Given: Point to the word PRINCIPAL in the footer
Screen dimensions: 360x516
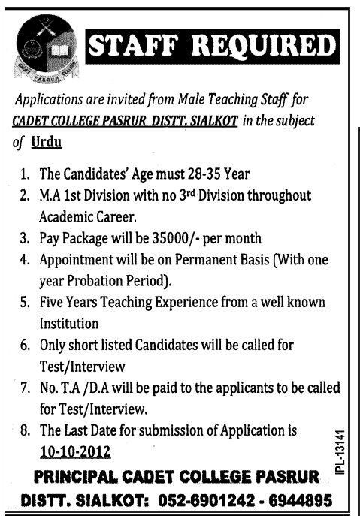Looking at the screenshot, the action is [x=79, y=477].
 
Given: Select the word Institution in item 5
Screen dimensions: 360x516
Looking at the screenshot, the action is [x=70, y=324].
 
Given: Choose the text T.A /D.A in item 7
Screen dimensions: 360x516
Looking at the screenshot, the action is [x=86, y=390].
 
